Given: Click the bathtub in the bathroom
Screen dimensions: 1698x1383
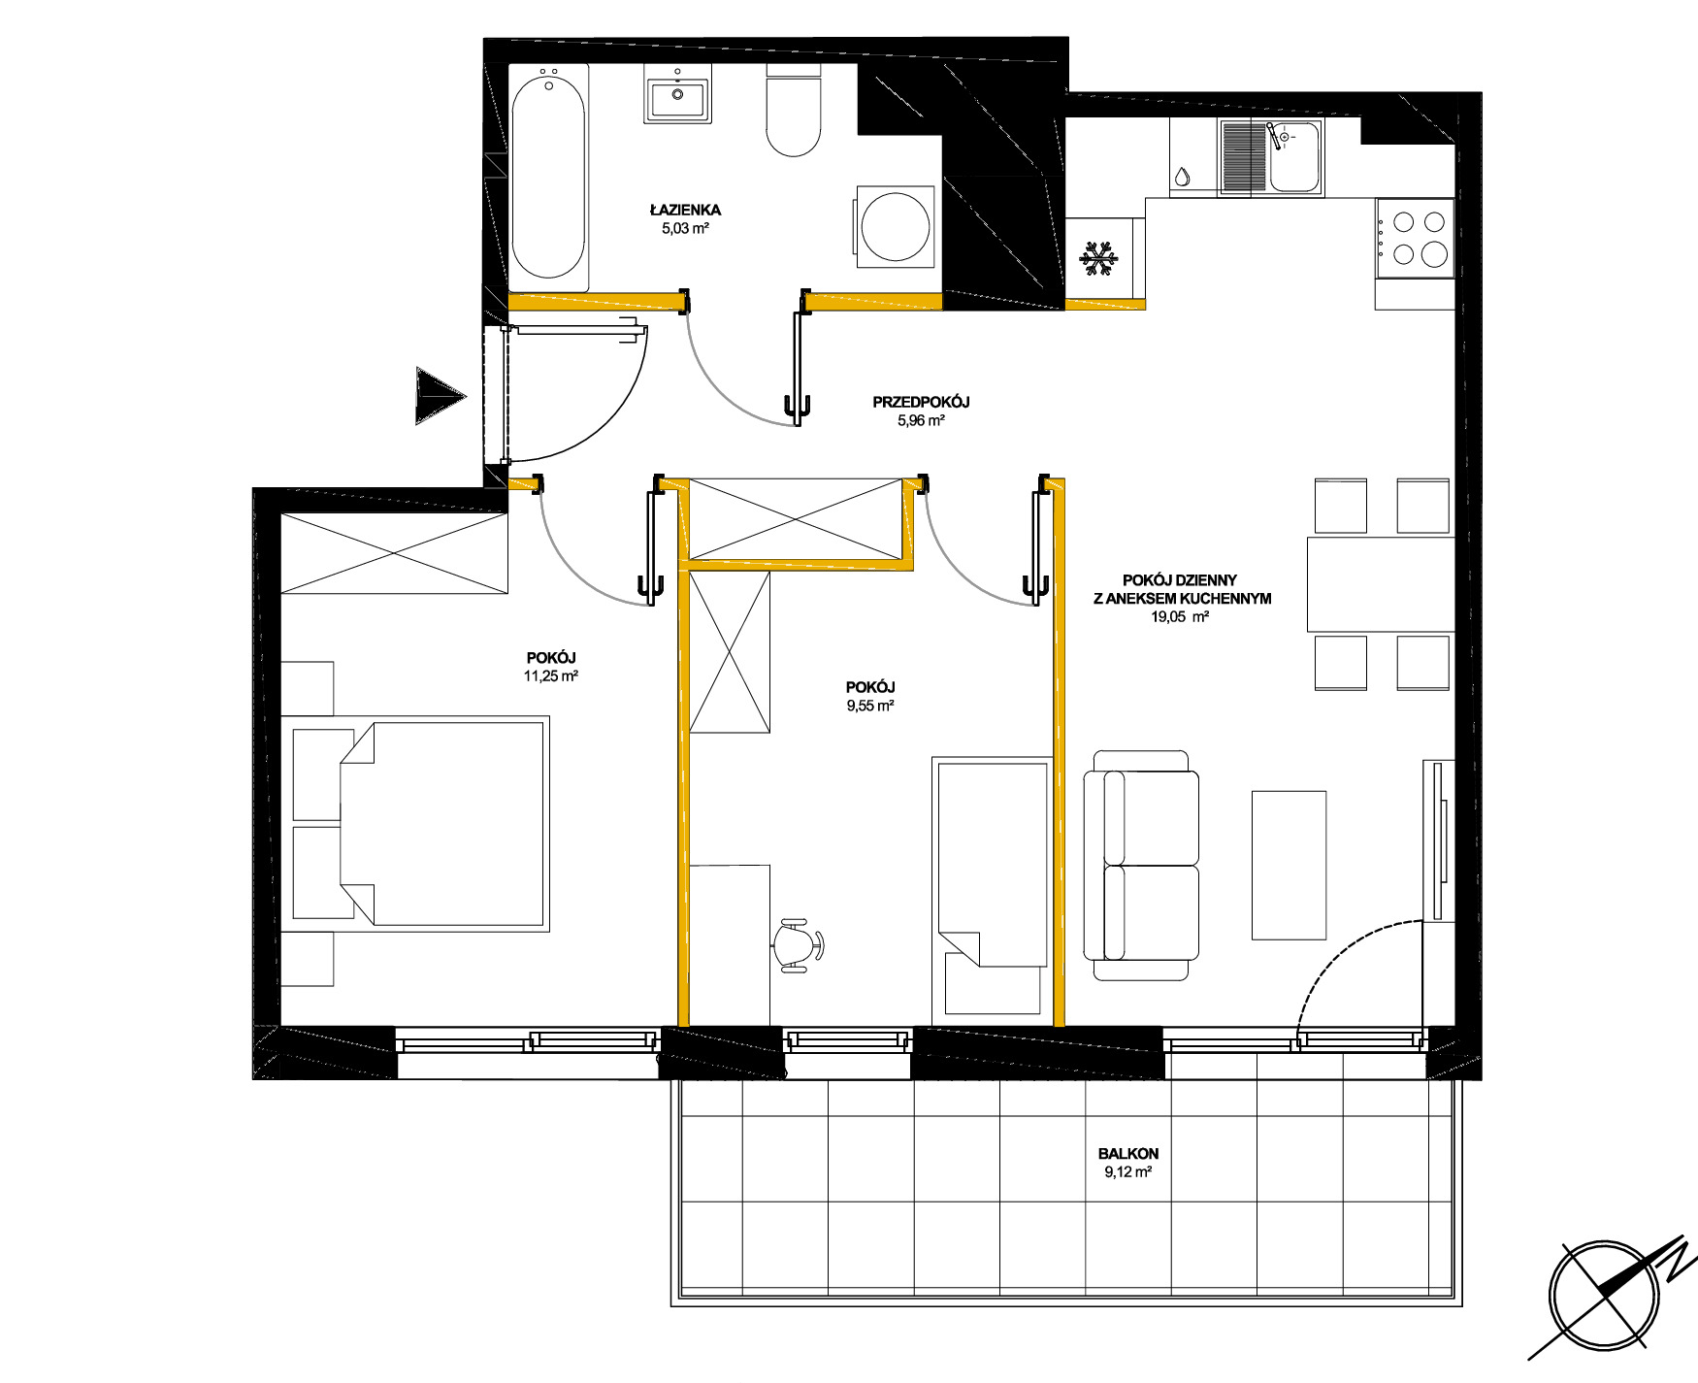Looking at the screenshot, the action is [x=548, y=178].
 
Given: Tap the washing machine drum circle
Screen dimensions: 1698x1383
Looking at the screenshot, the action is [x=896, y=227].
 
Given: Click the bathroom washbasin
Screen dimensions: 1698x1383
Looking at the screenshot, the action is [x=677, y=94].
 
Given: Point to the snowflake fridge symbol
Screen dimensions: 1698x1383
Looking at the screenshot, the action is [x=1099, y=258].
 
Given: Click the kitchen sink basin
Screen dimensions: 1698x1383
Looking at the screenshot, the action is [x=1294, y=156].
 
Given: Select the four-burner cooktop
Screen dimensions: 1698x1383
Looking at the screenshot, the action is [x=1415, y=238].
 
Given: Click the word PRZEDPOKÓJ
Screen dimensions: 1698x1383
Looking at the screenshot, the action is [x=921, y=402].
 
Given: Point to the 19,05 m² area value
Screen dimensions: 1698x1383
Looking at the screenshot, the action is [x=1180, y=616].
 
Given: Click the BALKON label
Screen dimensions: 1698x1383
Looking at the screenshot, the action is [x=1128, y=1153].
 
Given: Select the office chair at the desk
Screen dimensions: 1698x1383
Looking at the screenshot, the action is [x=800, y=944].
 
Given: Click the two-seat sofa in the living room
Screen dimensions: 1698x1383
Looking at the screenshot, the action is [x=1141, y=865].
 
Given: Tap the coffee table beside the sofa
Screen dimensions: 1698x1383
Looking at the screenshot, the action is [x=1289, y=865].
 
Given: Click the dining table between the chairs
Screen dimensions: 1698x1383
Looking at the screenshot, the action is [x=1381, y=584].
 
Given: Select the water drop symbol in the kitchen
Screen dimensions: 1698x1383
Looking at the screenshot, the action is [x=1182, y=177].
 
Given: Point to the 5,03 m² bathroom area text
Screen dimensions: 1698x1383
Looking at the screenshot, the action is [x=685, y=229].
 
